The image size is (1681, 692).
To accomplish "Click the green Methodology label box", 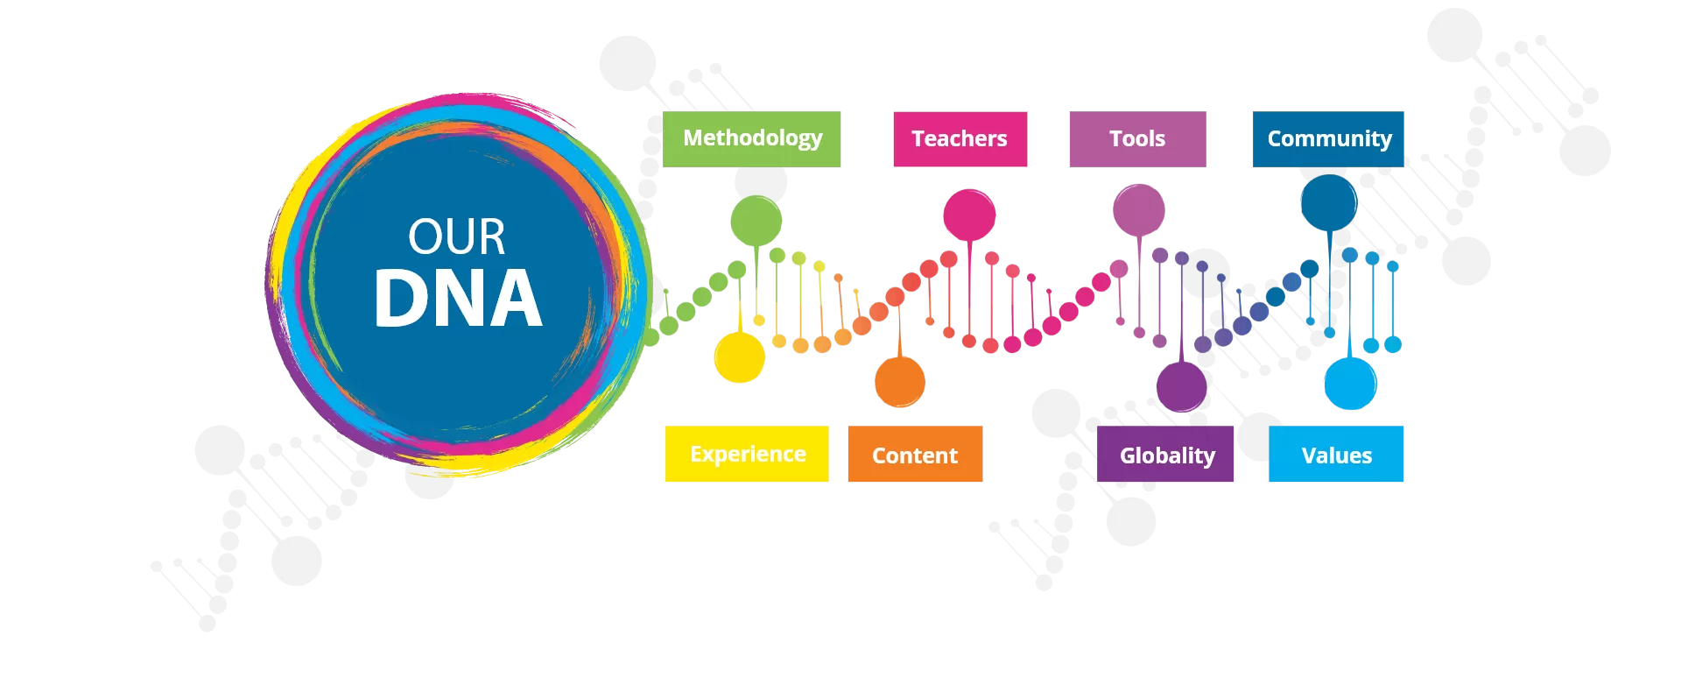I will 751,138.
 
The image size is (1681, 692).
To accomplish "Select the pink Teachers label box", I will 960,138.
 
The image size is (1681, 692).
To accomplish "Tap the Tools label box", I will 1137,138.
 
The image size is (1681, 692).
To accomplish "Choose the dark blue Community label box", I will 1328,138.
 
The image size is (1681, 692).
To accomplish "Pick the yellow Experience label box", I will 747,454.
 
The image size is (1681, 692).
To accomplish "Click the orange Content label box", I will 915,455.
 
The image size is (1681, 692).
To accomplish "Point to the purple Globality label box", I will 1165,455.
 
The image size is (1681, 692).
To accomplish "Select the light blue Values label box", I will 1336,455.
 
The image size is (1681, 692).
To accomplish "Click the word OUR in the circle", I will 457,237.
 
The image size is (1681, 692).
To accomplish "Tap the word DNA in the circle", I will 458,299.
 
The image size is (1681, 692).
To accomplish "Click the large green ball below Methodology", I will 756,221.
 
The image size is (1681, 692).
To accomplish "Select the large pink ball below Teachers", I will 969,215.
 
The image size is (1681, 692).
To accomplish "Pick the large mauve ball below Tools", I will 1139,209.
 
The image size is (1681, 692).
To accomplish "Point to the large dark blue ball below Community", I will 1328,202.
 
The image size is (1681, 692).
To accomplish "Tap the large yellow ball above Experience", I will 740,357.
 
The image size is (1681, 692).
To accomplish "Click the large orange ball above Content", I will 900,382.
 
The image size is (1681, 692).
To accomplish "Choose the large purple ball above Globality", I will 1182,385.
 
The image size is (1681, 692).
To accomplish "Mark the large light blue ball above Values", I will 1350,384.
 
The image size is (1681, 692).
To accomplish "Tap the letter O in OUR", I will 426,237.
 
